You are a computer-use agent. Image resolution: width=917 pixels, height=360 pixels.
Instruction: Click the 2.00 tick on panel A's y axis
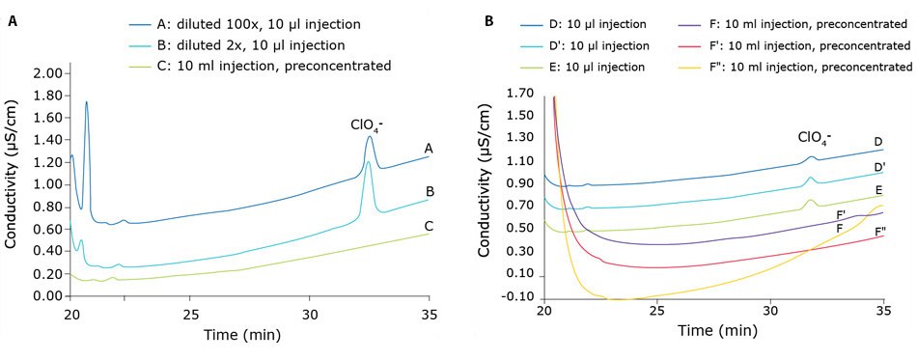pos(47,73)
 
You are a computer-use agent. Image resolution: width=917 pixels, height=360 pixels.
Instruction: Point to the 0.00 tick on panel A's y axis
pos(47,296)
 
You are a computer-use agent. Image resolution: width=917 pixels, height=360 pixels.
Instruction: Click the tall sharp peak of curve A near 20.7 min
pos(87,102)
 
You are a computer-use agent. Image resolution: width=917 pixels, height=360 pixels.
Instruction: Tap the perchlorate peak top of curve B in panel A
pos(368,161)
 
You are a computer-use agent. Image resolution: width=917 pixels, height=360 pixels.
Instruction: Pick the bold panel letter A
pos(11,19)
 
